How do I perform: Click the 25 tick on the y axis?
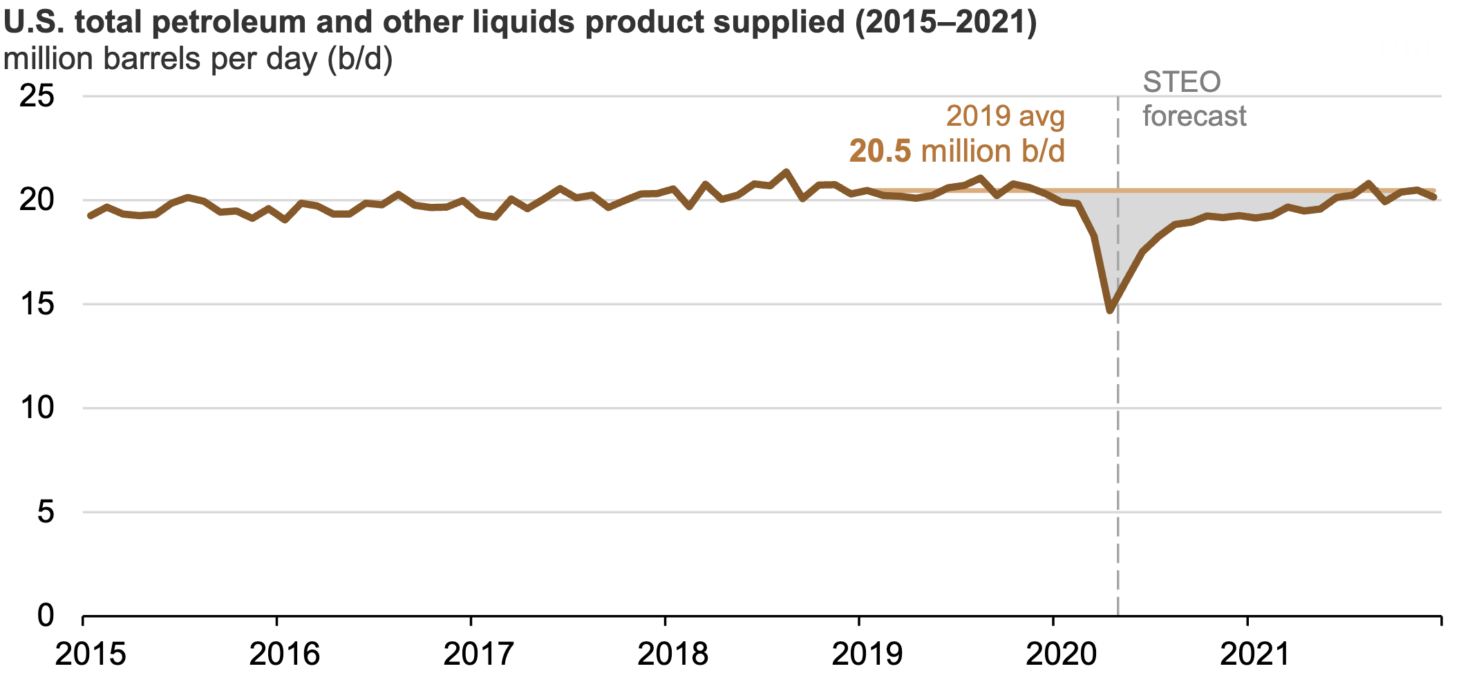tap(37, 96)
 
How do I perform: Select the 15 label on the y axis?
tap(37, 304)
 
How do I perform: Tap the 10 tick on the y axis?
tap(37, 408)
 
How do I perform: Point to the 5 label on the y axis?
tap(45, 512)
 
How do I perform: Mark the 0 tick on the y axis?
tap(45, 615)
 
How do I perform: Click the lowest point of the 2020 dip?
tap(1110, 310)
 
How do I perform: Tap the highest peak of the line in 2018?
tap(786, 171)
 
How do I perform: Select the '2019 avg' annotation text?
tap(1005, 116)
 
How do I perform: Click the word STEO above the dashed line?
tap(1182, 82)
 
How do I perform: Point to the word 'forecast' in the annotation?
tap(1194, 116)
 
